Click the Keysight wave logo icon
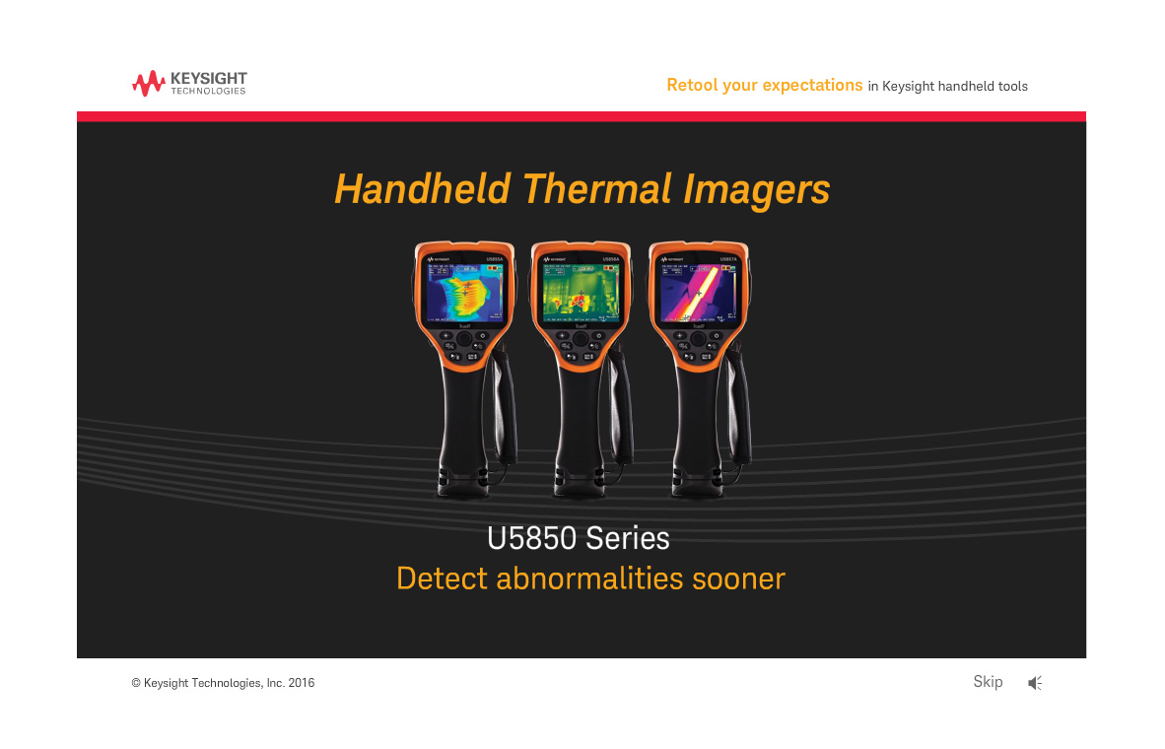pyautogui.click(x=149, y=84)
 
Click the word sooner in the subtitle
pyautogui.click(x=738, y=578)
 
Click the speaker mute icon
pyautogui.click(x=1034, y=682)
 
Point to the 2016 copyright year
pyautogui.click(x=301, y=683)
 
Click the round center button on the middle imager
pyautogui.click(x=581, y=339)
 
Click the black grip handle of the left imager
pyautogui.click(x=459, y=424)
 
